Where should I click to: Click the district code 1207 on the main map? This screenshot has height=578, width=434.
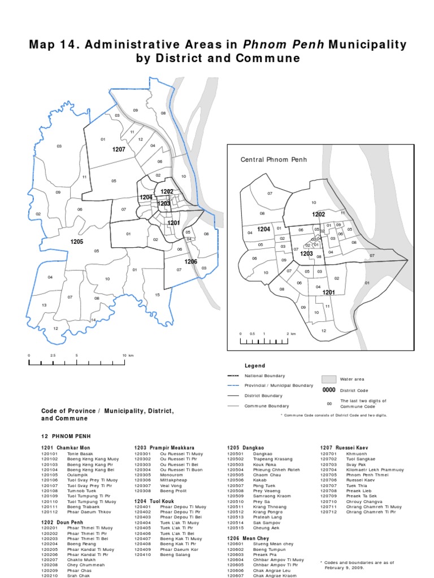[118, 149]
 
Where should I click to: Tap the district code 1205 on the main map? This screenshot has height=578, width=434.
[77, 242]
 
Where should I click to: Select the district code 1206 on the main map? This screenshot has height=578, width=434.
[190, 262]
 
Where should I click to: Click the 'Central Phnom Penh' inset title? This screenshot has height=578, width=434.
[274, 160]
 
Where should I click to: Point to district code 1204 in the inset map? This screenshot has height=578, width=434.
[263, 229]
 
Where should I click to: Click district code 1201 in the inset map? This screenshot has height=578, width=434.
[329, 292]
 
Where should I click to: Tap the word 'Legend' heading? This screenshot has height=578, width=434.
[254, 366]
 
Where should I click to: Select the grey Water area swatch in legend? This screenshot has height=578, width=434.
[329, 379]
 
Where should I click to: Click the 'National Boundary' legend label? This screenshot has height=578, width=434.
[264, 376]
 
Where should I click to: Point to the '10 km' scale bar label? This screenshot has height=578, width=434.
[128, 355]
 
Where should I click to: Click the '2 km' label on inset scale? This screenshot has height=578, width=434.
[291, 334]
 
